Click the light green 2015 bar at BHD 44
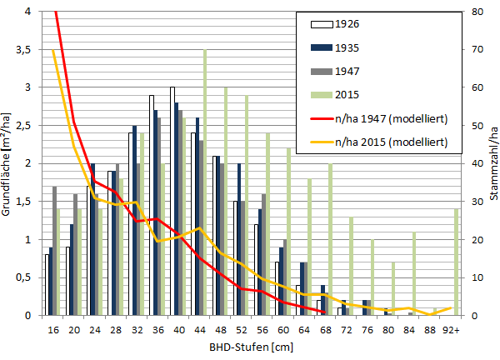pyautogui.click(x=205, y=183)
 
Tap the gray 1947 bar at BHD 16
pyautogui.click(x=55, y=251)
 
